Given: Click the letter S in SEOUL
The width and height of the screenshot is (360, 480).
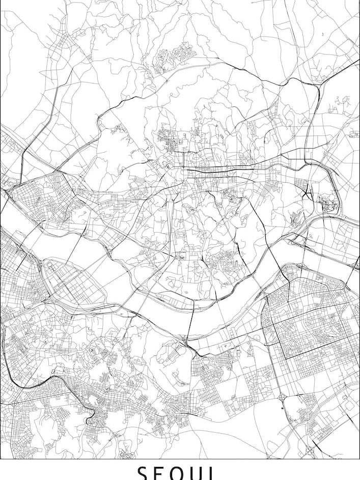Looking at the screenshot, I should click(x=143, y=473).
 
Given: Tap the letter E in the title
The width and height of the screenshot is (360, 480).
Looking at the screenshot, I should click(x=162, y=473).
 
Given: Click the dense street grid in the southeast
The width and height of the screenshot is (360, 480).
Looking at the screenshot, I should click(x=311, y=326).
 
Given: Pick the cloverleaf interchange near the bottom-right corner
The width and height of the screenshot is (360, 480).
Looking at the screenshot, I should click(x=310, y=450).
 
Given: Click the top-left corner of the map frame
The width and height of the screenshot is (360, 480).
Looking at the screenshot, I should click(x=1, y=1).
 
